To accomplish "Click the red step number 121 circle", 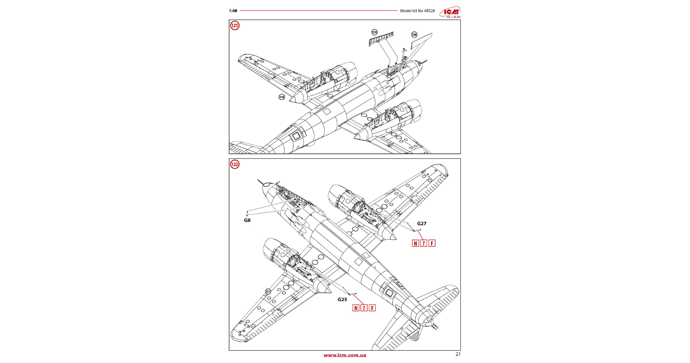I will pos(235,26).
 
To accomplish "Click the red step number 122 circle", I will pos(235,164).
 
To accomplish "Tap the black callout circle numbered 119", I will pos(374,32).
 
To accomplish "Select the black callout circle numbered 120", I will pos(414,35).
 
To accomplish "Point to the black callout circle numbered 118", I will pos(282,97).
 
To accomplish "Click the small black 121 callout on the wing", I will pos(268,292).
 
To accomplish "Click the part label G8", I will pos(247,221).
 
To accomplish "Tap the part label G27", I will pos(422,224).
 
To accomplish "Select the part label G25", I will pos(342,299).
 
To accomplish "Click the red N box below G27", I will pos(416,243).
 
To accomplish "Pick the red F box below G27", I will pos(432,243).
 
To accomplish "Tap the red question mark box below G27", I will pos(424,243).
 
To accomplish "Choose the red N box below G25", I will pos(356,308).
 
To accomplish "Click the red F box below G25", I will pos(372,308).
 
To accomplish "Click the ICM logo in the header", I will pos(451,12).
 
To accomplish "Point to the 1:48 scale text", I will pos(233,11).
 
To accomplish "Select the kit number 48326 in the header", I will pos(429,11).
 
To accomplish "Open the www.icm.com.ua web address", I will pos(345,355).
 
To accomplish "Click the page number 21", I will pos(458,354).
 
